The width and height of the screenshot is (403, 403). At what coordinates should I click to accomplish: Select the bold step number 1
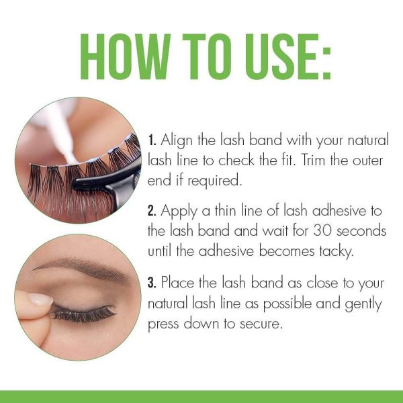coord(152,142)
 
